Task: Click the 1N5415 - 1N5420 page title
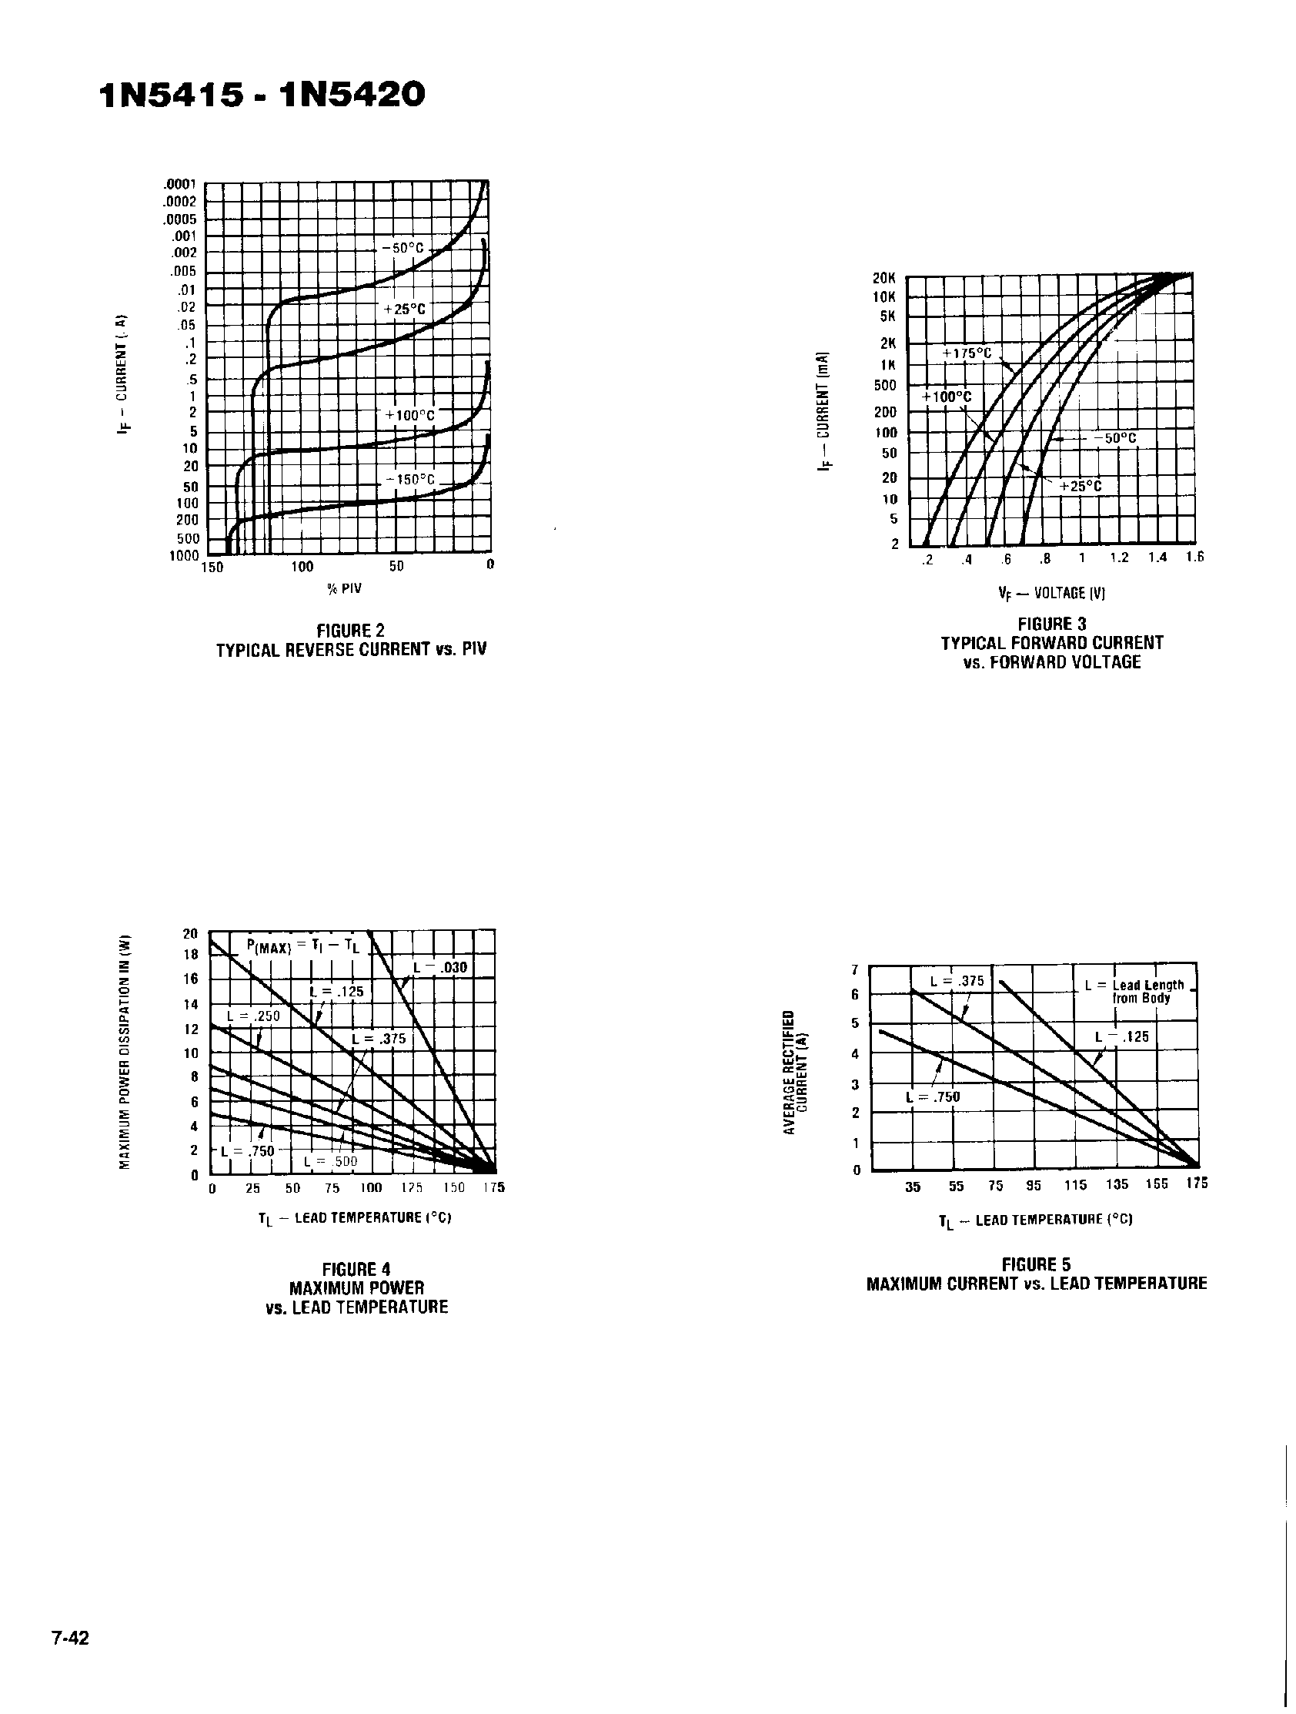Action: [262, 96]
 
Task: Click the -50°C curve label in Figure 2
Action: [402, 249]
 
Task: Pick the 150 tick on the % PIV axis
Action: [212, 567]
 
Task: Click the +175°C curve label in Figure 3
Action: [967, 353]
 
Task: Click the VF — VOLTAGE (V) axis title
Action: [1051, 594]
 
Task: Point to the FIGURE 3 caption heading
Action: [1051, 624]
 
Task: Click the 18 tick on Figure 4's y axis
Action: [191, 955]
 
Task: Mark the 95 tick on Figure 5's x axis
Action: [1034, 1185]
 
